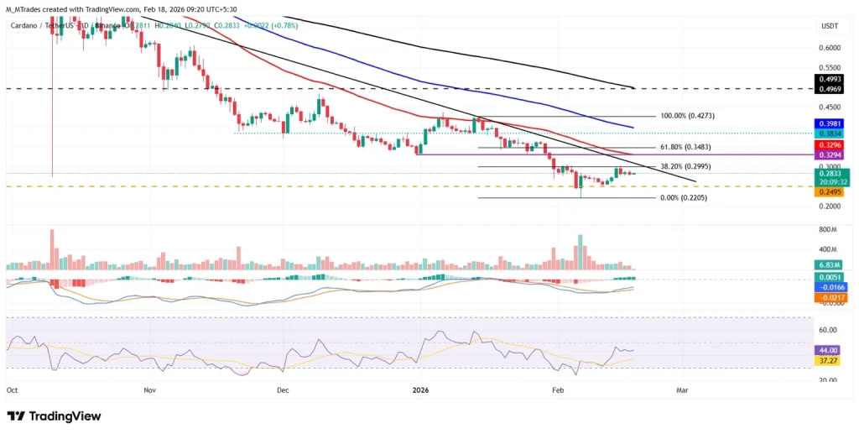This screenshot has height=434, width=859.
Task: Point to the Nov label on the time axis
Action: point(149,390)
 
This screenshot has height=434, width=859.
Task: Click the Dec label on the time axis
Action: point(283,390)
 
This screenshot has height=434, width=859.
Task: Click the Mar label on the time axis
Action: point(682,390)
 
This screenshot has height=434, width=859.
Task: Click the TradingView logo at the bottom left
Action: point(54,416)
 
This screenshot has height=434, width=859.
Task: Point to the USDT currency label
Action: point(828,26)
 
